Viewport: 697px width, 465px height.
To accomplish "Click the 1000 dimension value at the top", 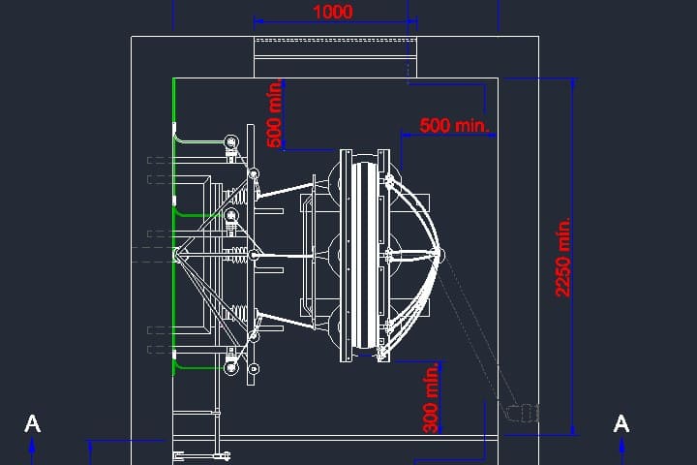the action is pyautogui.click(x=333, y=12).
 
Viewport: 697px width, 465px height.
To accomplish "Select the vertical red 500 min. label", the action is pyautogui.click(x=275, y=113).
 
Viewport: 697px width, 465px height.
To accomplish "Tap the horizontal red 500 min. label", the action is pyautogui.click(x=454, y=125).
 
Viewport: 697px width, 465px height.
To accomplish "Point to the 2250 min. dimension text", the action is pyautogui.click(x=562, y=257).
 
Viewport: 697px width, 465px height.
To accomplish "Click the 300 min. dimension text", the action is pyautogui.click(x=431, y=398).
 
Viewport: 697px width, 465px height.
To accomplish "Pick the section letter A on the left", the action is pyautogui.click(x=33, y=424).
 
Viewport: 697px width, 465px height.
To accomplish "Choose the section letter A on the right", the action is pyautogui.click(x=621, y=423).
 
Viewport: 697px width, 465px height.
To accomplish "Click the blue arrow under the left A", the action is pyautogui.click(x=32, y=451).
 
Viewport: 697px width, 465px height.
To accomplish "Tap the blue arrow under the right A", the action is pyautogui.click(x=621, y=451).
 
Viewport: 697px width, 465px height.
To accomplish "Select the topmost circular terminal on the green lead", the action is pyautogui.click(x=230, y=142).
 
